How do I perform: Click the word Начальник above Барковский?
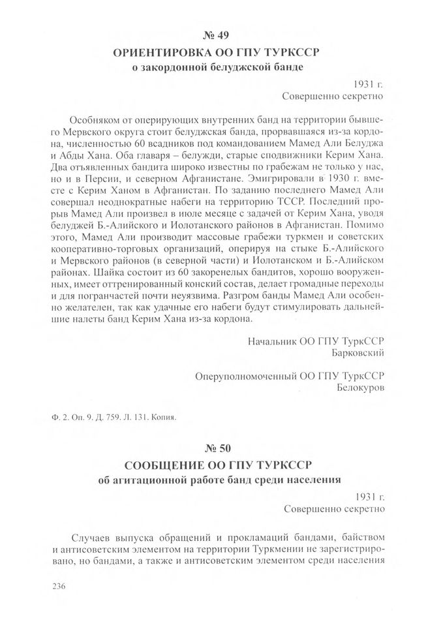[x=273, y=341]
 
